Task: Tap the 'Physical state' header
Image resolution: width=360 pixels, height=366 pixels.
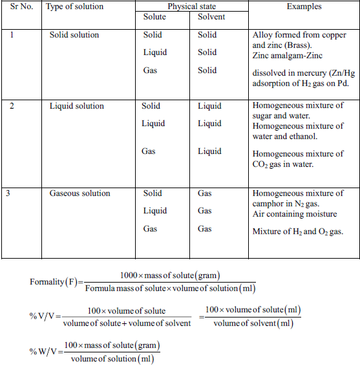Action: point(191,6)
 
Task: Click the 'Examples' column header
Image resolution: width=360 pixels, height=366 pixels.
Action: point(306,6)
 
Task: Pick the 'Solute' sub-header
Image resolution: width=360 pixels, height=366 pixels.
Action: point(154,17)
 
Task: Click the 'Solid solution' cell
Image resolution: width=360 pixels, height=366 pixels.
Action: point(74,35)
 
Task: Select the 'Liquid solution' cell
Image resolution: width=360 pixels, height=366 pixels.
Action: point(76,106)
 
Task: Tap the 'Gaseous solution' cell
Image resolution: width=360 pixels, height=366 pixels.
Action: point(79,193)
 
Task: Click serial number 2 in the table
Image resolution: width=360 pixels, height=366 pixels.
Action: point(12,106)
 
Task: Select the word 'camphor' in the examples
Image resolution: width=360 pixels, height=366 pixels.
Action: point(268,204)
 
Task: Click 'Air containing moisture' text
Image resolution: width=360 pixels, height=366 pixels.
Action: point(295,214)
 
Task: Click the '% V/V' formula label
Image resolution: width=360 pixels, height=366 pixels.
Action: point(45,317)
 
